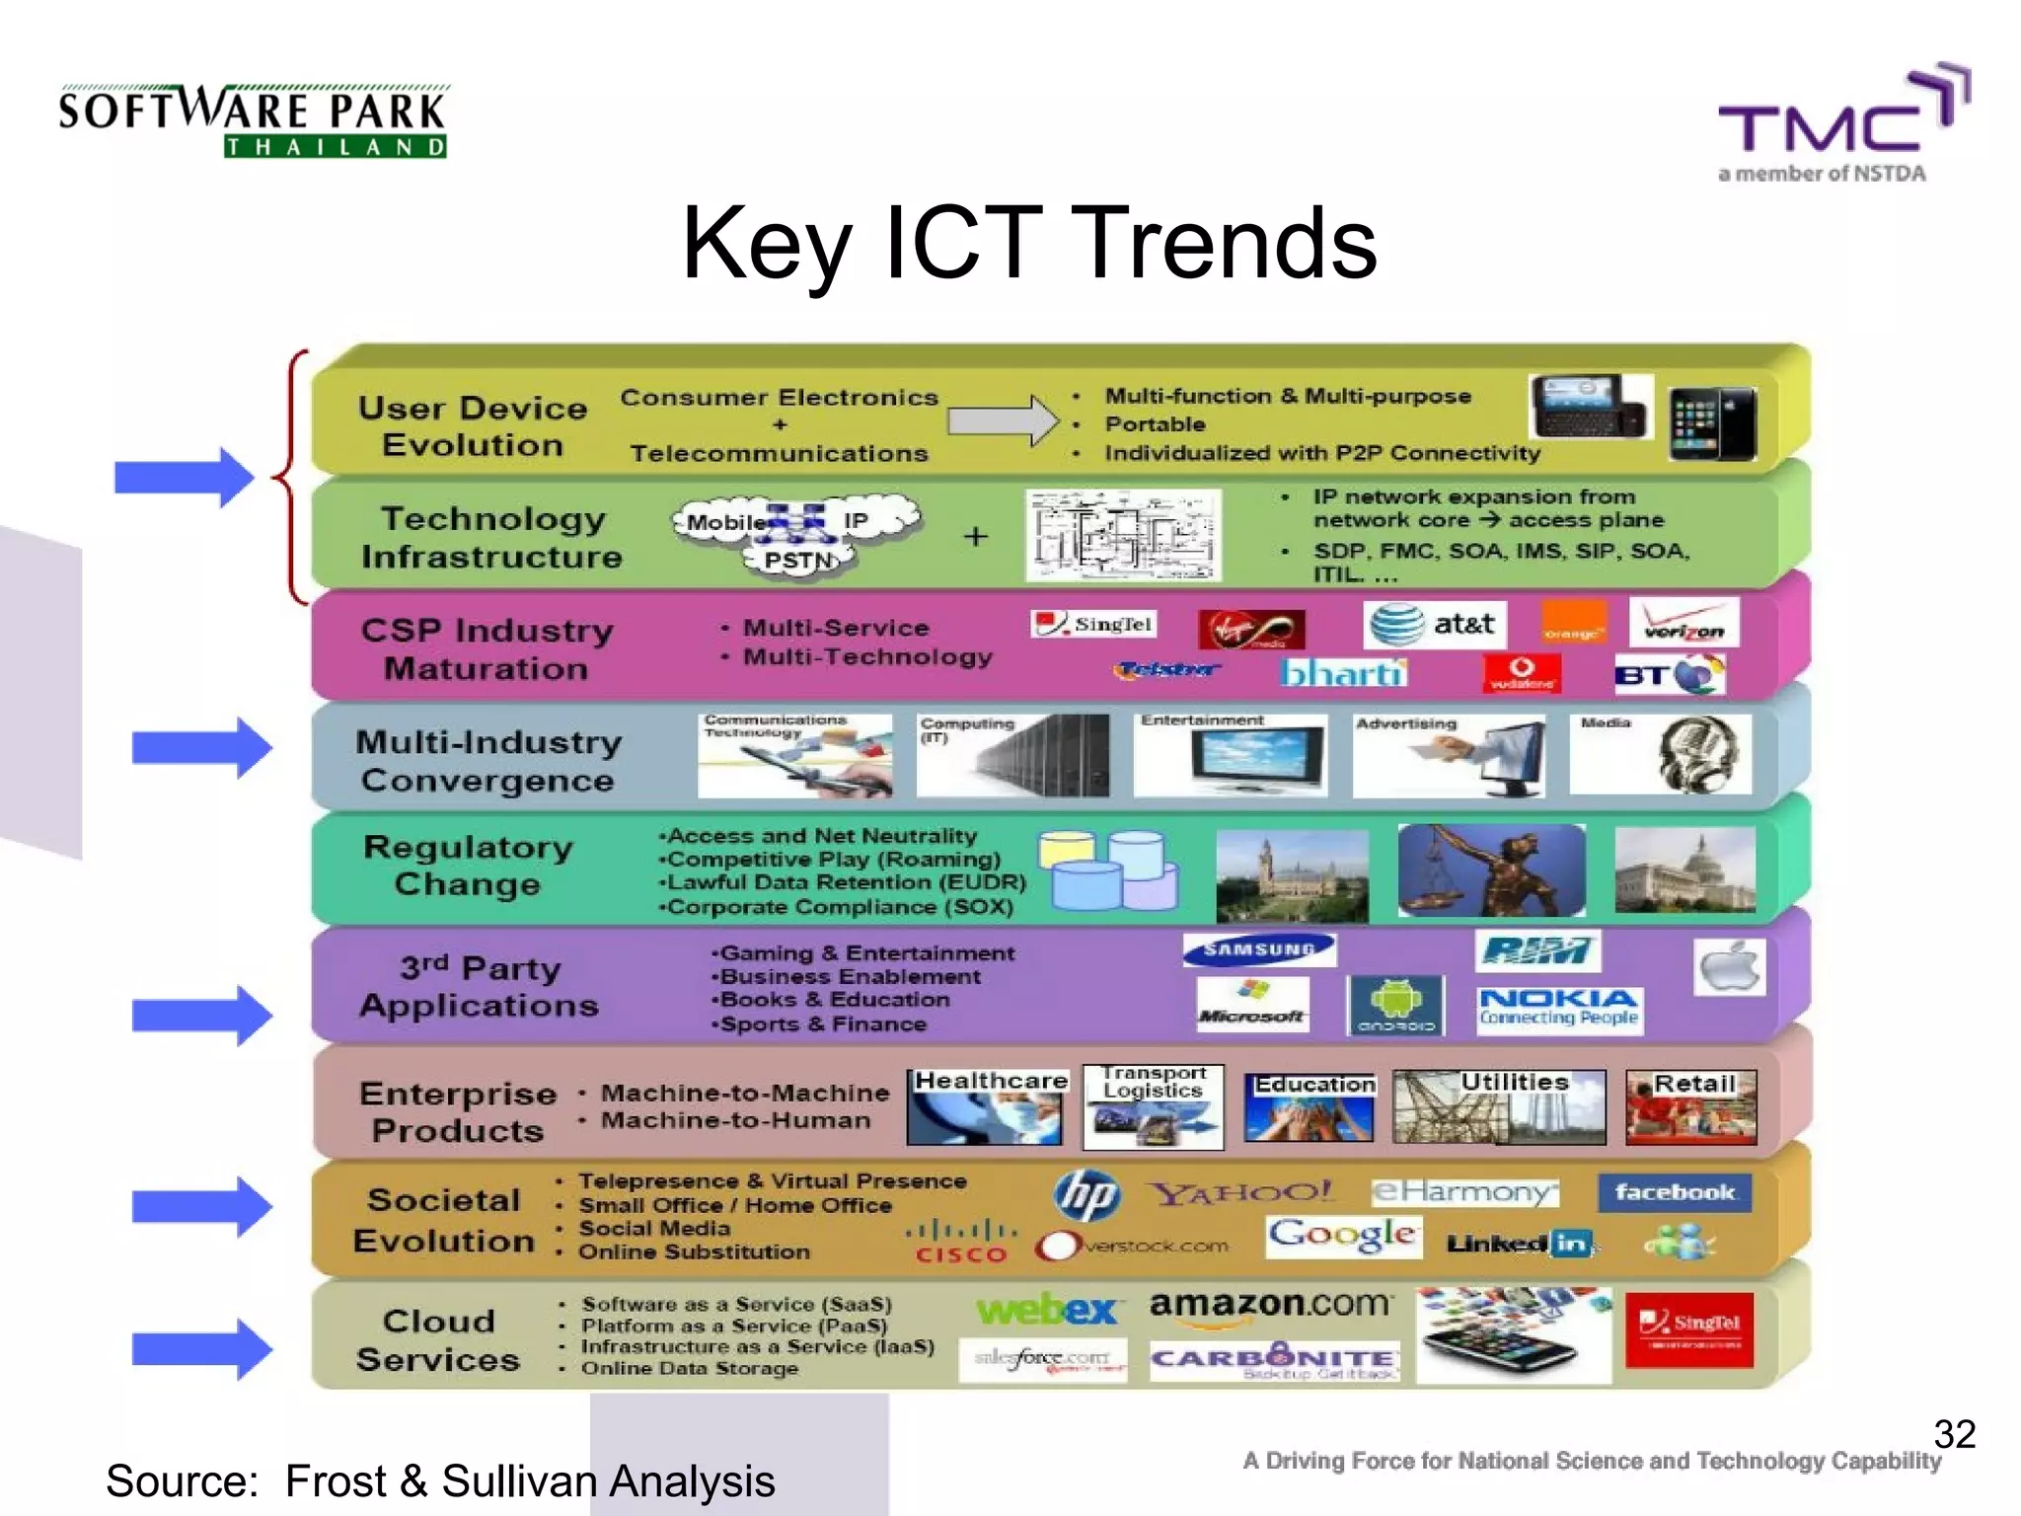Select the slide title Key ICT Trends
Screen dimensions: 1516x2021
pyautogui.click(x=1028, y=243)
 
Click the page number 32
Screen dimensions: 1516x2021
pyautogui.click(x=1954, y=1434)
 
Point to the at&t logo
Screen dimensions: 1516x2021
pyautogui.click(x=1436, y=624)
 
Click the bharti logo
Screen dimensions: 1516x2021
pyautogui.click(x=1342, y=673)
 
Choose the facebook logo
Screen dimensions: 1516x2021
pyautogui.click(x=1674, y=1192)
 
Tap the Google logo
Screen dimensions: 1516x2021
pyautogui.click(x=1343, y=1235)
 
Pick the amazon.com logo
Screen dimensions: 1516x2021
pyautogui.click(x=1271, y=1306)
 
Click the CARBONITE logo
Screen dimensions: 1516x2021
pyautogui.click(x=1273, y=1360)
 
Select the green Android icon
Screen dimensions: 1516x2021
pyautogui.click(x=1395, y=1005)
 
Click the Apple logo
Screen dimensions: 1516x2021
pyautogui.click(x=1730, y=966)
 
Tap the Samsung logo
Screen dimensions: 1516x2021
pyautogui.click(x=1259, y=949)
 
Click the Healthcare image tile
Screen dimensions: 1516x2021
pyautogui.click(x=986, y=1106)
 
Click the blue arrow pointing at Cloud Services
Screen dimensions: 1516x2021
pyautogui.click(x=201, y=1348)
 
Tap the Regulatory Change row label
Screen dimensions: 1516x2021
pyautogui.click(x=468, y=865)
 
